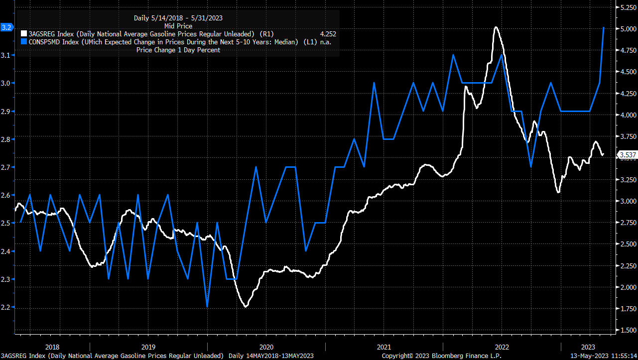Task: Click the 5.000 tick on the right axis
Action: [625, 29]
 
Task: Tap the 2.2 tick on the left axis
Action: [6, 307]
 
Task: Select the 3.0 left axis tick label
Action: [6, 83]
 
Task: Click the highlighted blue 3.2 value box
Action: [6, 27]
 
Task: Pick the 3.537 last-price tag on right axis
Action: [626, 154]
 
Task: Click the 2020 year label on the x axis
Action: [266, 347]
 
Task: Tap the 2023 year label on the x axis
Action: [588, 347]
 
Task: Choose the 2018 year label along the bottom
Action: [52, 347]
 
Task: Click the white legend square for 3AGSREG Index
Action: [24, 34]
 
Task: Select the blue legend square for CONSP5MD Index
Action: [24, 42]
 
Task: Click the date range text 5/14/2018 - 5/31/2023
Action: [178, 18]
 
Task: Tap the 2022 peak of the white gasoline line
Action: [496, 27]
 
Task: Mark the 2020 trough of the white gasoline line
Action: [246, 306]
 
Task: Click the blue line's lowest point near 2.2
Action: [207, 307]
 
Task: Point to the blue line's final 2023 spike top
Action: [604, 27]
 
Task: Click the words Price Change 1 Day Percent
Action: [178, 50]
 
